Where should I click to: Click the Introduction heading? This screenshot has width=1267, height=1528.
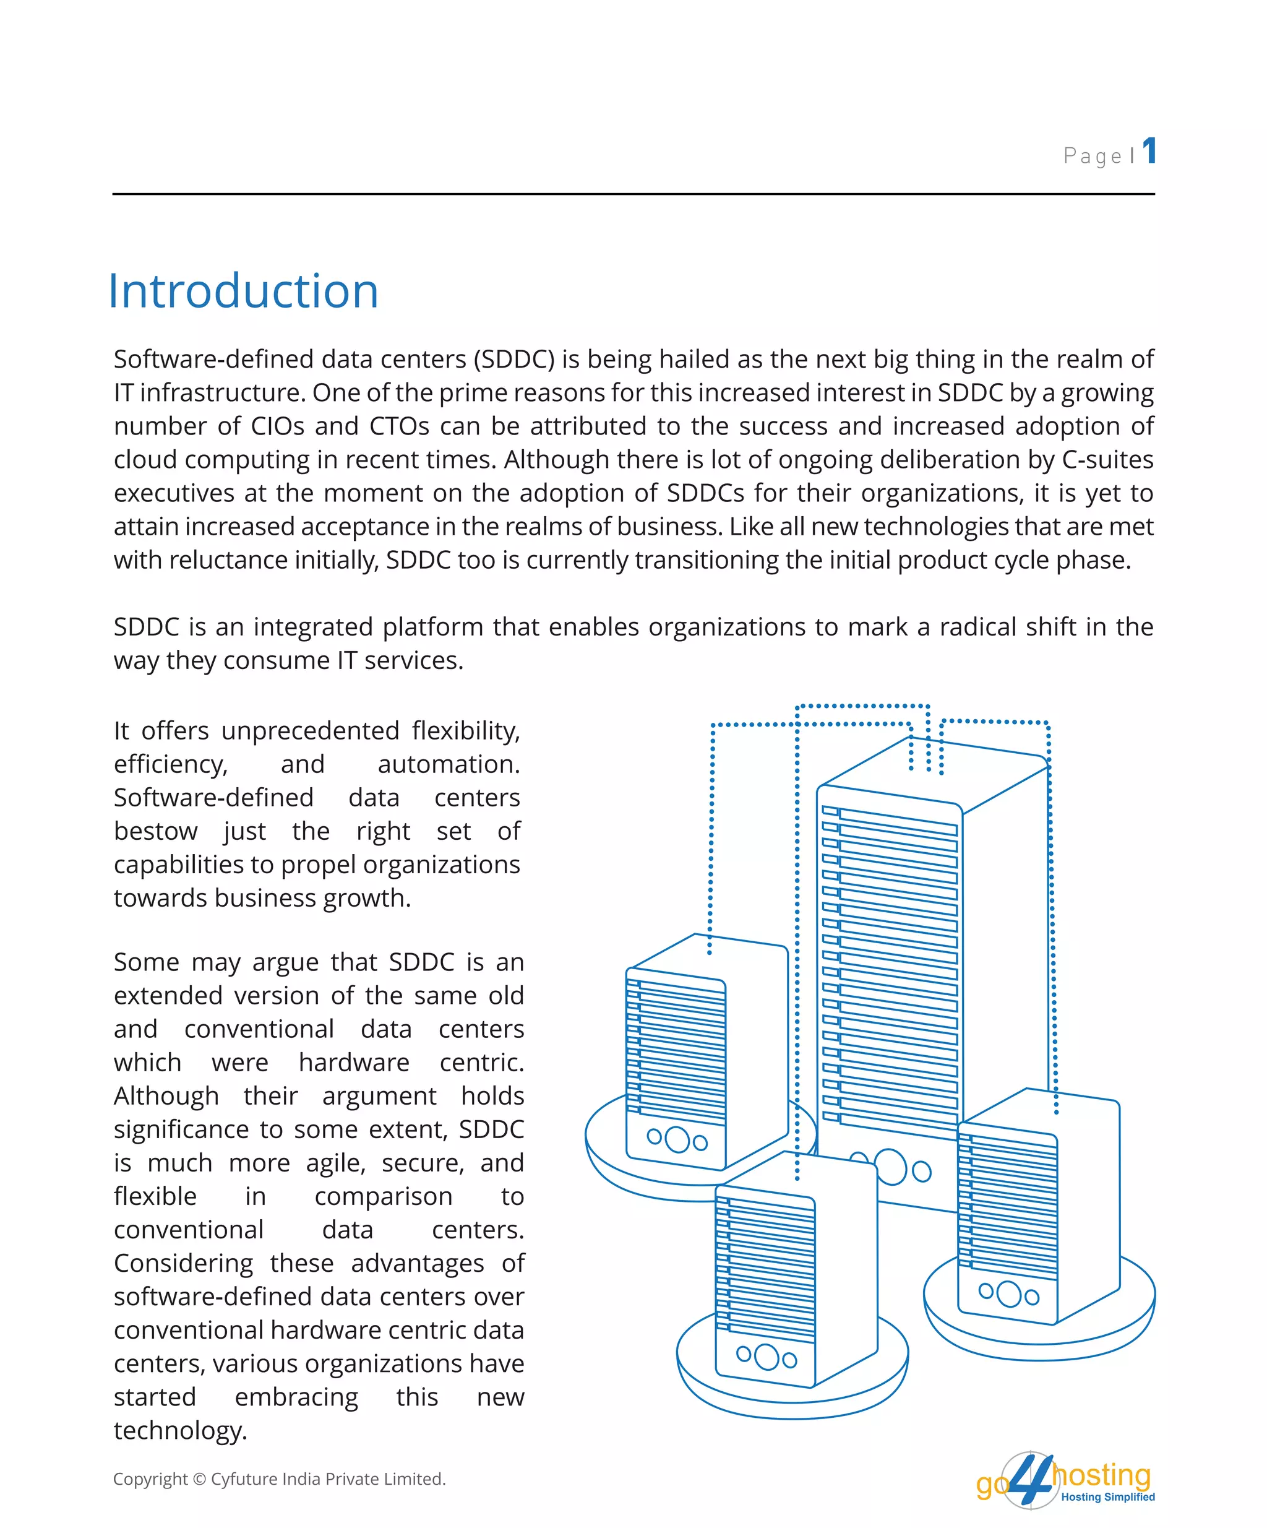tap(243, 291)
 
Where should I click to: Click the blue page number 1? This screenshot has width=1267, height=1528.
tap(1148, 152)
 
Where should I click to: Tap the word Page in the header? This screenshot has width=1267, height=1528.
tap(1093, 156)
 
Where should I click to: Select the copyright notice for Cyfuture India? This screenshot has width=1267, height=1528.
tap(279, 1478)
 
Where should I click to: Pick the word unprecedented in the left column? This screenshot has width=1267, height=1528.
tap(311, 730)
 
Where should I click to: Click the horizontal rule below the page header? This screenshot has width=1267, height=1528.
tap(633, 194)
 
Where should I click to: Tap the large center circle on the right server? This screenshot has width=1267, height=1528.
tap(1009, 1293)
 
